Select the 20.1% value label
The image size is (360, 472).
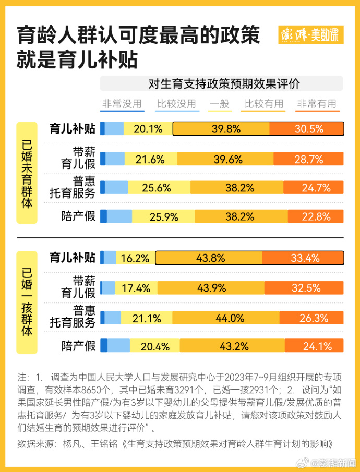(x=148, y=129)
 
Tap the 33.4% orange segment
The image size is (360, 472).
(x=303, y=258)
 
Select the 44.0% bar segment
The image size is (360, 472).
(x=226, y=318)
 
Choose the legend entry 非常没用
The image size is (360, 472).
(x=122, y=103)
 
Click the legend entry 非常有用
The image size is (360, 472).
(x=317, y=103)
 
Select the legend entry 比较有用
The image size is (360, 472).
(x=264, y=103)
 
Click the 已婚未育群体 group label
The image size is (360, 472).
(x=27, y=173)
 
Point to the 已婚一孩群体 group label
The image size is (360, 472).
(x=27, y=301)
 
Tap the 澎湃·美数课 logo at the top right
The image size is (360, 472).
(x=310, y=35)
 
